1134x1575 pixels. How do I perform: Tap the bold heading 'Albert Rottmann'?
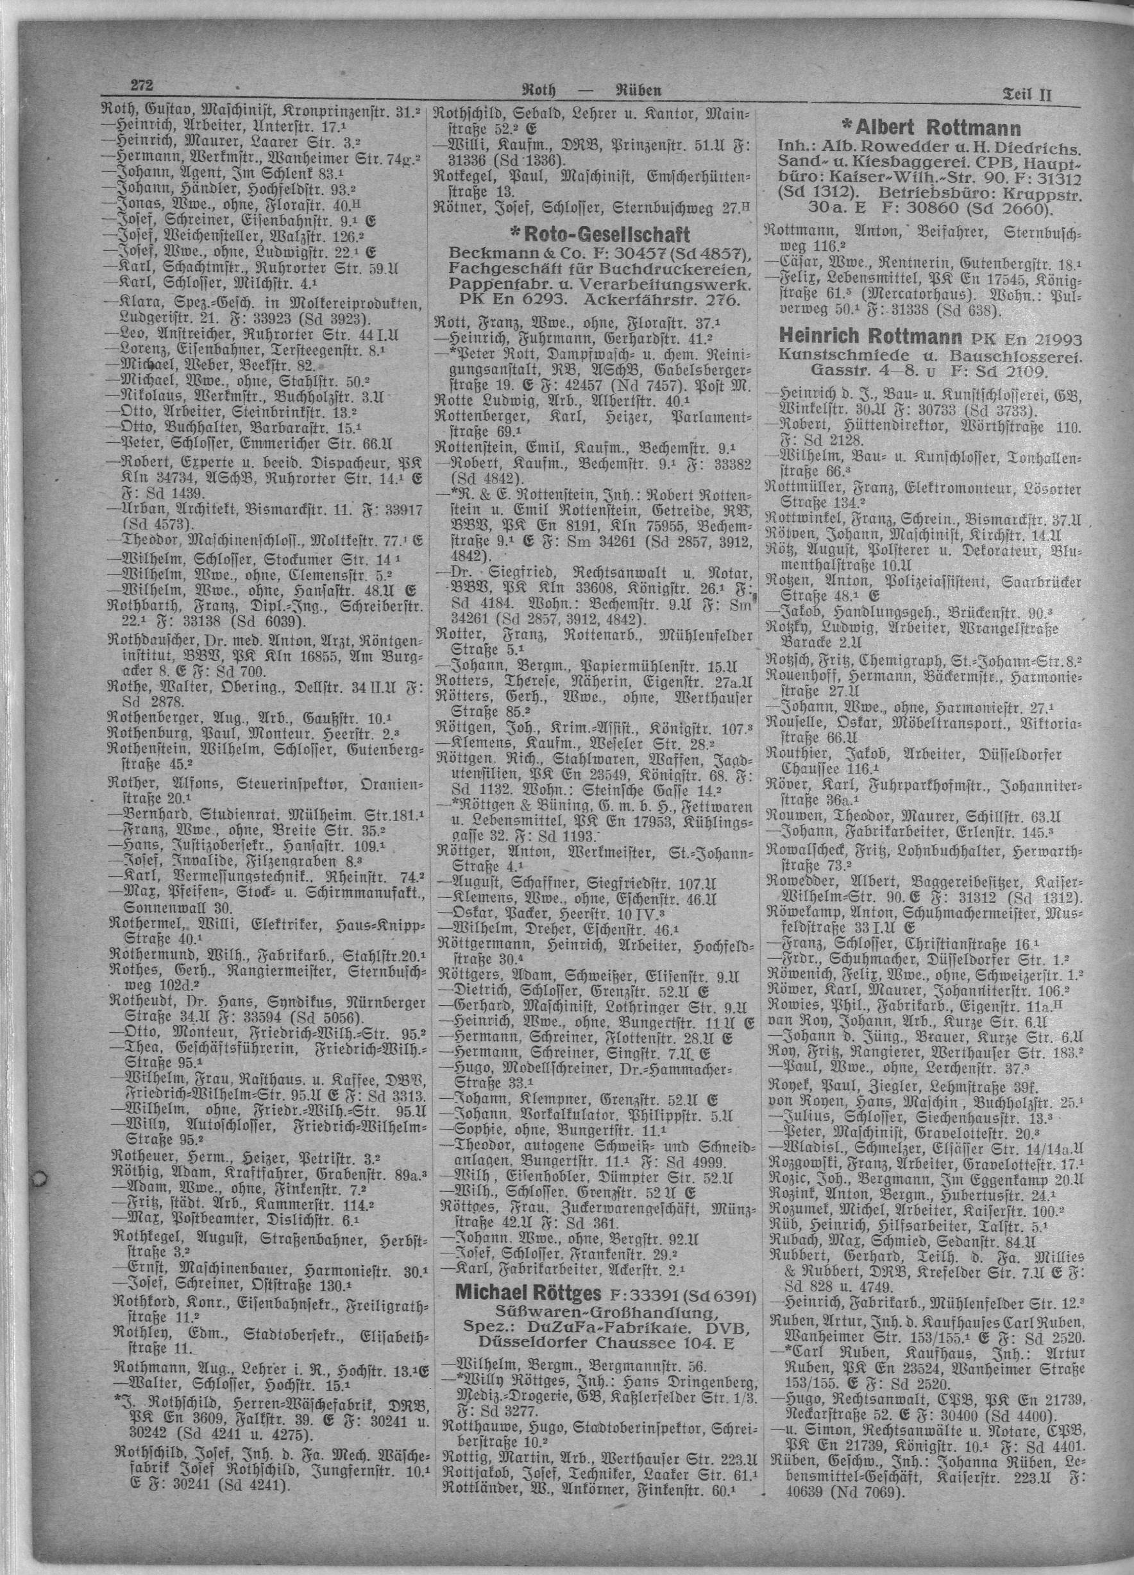tap(929, 128)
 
